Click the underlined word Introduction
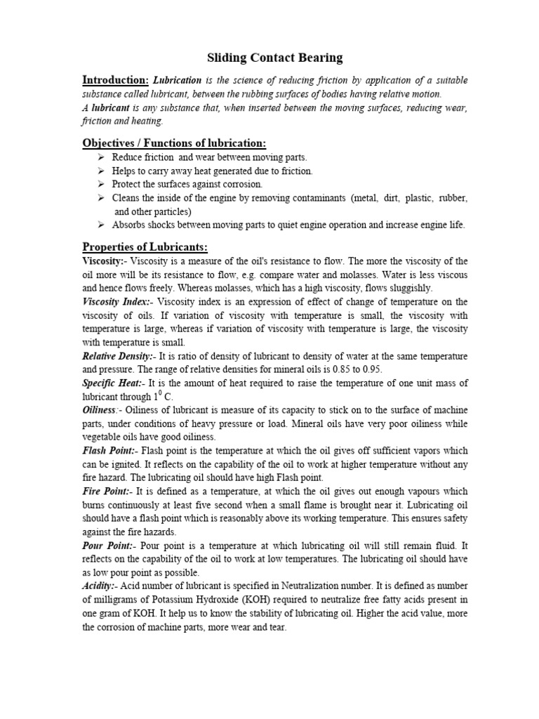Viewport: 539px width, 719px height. [114, 79]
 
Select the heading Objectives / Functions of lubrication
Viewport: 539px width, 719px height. [174, 143]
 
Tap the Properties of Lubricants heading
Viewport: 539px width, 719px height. [145, 247]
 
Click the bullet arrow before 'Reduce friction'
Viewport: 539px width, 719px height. [102, 157]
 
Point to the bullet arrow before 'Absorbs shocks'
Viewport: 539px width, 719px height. [102, 225]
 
